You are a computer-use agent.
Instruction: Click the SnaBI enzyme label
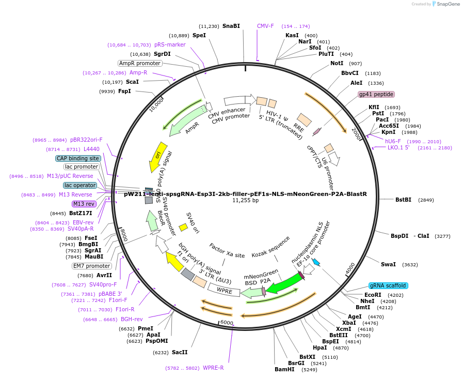click(231, 26)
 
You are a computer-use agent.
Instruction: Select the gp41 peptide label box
click(376, 94)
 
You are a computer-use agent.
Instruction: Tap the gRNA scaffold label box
click(388, 285)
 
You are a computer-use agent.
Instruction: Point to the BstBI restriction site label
click(403, 200)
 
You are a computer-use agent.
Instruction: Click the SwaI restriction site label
click(388, 264)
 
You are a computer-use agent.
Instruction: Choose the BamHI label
click(284, 369)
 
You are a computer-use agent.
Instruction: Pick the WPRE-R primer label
click(213, 368)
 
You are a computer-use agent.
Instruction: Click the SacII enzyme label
click(180, 352)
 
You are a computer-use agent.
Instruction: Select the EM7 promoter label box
click(91, 266)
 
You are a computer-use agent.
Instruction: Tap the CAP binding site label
click(78, 158)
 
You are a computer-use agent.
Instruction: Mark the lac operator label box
click(80, 185)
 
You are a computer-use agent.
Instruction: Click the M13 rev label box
click(84, 204)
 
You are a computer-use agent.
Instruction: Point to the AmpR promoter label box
click(140, 63)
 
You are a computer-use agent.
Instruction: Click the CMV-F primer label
click(265, 26)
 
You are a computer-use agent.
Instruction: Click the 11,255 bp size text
click(245, 201)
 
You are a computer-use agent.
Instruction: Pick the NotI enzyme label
click(337, 63)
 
